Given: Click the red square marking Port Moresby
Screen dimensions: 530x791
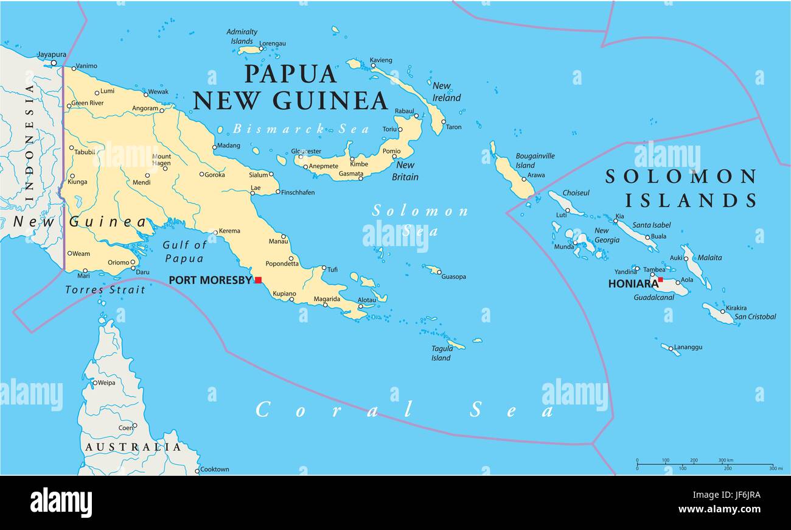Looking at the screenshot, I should [258, 280].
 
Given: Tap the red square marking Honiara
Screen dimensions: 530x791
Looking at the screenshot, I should [660, 280].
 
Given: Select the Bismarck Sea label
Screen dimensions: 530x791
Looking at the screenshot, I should [301, 129].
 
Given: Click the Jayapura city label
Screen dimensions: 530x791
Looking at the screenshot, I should [51, 54].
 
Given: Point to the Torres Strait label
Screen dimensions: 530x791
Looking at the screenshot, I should [105, 290].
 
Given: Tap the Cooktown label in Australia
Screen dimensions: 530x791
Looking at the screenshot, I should [214, 469].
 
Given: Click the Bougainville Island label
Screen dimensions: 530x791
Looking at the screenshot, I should [535, 160].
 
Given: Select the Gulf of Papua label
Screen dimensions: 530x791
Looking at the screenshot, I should [185, 252].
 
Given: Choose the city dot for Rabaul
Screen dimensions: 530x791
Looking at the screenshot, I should [416, 116].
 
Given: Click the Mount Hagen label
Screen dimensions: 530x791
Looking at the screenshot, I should [161, 160].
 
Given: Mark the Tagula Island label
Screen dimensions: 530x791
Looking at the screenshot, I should [442, 353].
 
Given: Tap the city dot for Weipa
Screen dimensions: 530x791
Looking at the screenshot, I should [95, 383].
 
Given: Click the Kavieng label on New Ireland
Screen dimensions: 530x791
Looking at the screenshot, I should [381, 60].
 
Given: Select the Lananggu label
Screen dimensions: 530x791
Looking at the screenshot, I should [689, 347].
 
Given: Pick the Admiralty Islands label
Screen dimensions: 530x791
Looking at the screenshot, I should [242, 37].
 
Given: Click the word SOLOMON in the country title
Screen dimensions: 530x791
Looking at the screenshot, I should [680, 177].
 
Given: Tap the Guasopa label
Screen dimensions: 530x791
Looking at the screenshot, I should [453, 277].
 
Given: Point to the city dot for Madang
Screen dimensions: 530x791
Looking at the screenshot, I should [214, 146].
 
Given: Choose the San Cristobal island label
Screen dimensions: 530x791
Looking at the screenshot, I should [754, 317].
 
